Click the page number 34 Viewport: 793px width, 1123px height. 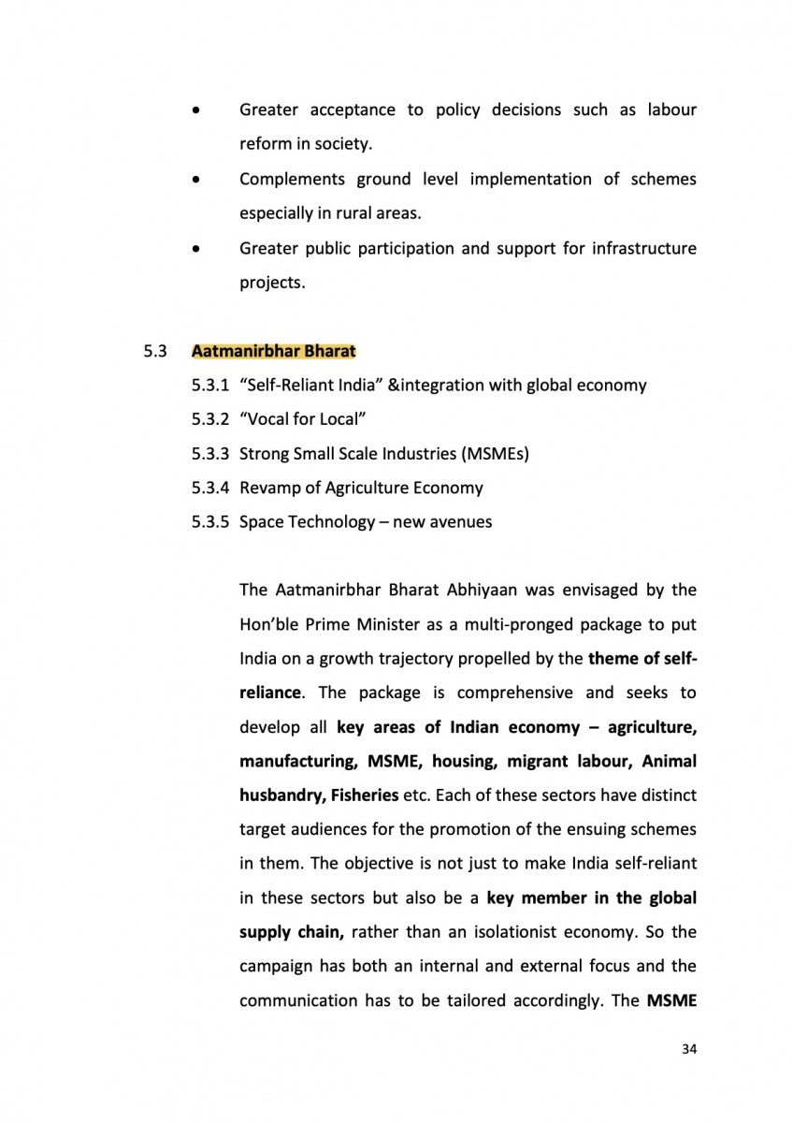(689, 1049)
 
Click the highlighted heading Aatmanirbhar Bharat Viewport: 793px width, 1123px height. (273, 352)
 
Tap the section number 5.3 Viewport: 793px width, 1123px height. (154, 352)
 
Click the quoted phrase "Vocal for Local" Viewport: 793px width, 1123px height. (301, 419)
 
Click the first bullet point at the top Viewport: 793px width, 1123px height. (195, 110)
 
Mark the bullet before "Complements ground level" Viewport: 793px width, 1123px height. (195, 179)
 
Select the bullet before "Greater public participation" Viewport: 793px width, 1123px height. (195, 248)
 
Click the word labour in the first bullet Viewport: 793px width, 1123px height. (670, 110)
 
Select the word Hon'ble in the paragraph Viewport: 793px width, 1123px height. (270, 624)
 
